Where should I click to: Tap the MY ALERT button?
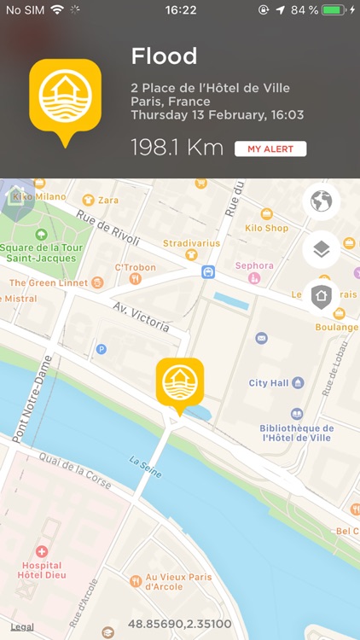(270, 149)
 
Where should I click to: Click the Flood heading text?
(164, 57)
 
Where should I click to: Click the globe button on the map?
(321, 202)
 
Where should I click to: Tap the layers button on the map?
(321, 250)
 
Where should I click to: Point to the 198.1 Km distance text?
(177, 148)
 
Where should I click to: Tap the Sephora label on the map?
(254, 265)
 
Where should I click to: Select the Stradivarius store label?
(192, 243)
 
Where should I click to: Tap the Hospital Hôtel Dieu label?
(42, 571)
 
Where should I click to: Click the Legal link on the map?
(22, 626)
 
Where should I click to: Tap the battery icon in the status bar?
(335, 10)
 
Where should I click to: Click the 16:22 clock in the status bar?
(180, 10)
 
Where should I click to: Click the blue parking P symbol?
(102, 348)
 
